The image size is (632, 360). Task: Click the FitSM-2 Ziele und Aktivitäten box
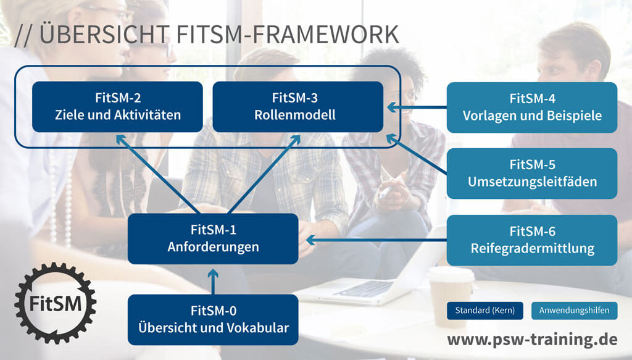pos(117,107)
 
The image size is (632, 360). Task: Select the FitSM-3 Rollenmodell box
pos(298,107)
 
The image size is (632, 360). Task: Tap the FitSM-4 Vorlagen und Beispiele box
pos(532,107)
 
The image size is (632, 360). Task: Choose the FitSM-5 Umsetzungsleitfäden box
pos(532,174)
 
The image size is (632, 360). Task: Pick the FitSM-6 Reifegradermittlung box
pos(532,240)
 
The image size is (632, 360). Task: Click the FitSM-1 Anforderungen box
pos(213,238)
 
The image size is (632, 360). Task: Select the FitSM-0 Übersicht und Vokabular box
pos(213,320)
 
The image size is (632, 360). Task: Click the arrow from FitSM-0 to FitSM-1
pos(213,282)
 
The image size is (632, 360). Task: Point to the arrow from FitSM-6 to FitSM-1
pos(376,240)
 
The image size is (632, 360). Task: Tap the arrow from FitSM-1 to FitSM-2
pos(157,174)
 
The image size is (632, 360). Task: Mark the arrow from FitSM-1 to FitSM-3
pos(264,174)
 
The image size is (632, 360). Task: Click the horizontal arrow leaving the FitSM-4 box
pos(417,107)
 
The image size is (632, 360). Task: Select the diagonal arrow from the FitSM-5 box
pos(417,154)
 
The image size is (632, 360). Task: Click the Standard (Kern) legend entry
pos(485,311)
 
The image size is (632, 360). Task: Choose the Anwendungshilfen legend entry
pos(575,311)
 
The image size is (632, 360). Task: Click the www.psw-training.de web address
pos(532,339)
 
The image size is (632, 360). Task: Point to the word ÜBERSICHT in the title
pos(104,34)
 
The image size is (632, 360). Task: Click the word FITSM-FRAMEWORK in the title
pos(288,34)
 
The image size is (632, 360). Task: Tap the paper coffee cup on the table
pos(450,296)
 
